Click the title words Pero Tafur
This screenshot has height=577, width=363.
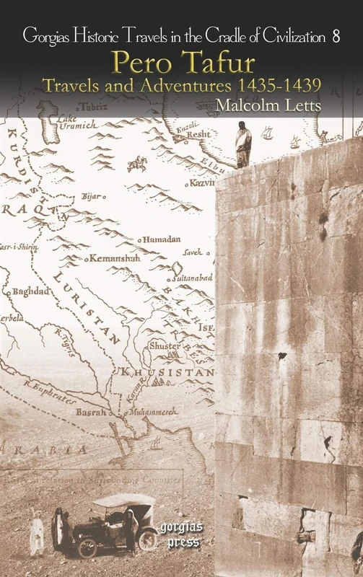click(x=181, y=63)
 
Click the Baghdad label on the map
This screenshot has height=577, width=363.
click(x=30, y=291)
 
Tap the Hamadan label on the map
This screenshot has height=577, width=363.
click(x=162, y=239)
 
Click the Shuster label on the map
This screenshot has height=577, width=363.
click(x=164, y=346)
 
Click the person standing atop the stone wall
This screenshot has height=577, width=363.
click(x=244, y=145)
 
